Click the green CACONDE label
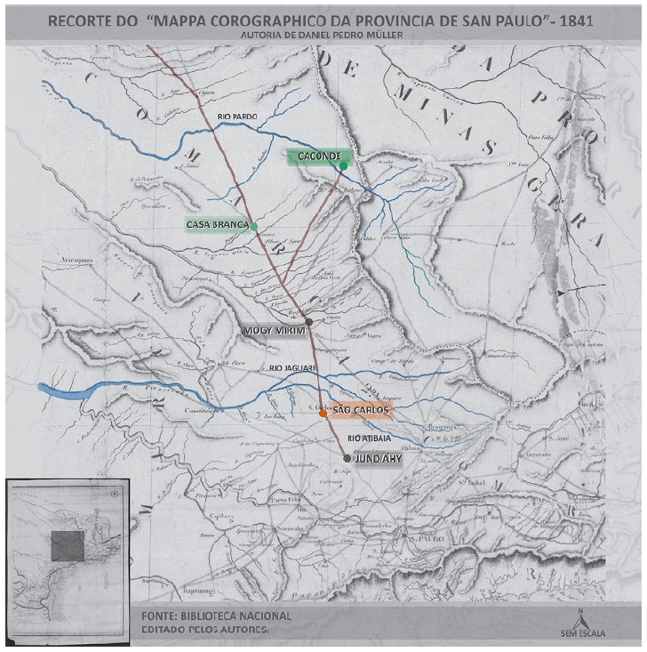[x=316, y=157]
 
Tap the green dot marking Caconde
[x=343, y=165]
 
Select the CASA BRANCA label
[x=217, y=223]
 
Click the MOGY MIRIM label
[x=274, y=331]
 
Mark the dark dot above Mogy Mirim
[x=308, y=320]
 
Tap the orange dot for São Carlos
[x=323, y=413]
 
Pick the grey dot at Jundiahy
[x=347, y=458]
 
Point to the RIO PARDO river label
[x=238, y=117]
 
